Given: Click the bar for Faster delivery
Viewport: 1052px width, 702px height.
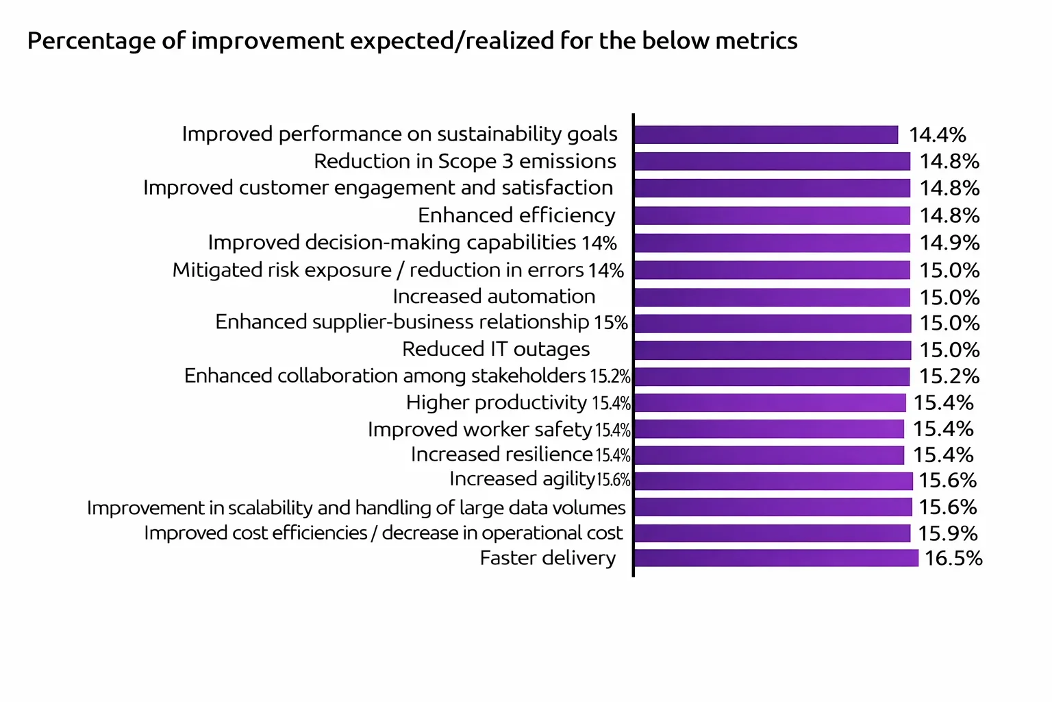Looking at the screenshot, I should pos(776,558).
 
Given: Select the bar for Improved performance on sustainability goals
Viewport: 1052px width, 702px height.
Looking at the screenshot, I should pos(766,135).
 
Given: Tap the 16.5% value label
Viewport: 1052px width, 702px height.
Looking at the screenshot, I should pos(953,558).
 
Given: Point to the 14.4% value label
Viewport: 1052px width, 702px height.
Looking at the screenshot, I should pos(937,135).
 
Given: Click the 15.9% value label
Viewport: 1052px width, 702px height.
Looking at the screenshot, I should pos(948,533).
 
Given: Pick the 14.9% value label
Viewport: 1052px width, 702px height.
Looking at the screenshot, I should pos(949,243).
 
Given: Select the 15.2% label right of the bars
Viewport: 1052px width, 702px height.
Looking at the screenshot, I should pos(949,376).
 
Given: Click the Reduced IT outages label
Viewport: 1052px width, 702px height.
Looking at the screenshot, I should pos(496,350).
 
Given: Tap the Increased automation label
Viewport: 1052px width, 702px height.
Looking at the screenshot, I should pos(494,297).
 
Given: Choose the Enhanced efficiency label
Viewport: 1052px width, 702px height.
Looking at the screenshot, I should pos(516,216).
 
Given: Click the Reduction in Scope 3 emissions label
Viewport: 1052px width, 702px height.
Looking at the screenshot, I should pos(465,162).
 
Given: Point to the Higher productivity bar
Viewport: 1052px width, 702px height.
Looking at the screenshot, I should pos(770,402).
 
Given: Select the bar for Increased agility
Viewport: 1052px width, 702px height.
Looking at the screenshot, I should pos(773,481).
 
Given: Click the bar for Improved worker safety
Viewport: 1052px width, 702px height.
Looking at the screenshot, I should pos(769,429).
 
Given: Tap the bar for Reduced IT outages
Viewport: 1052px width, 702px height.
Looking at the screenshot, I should pos(773,350).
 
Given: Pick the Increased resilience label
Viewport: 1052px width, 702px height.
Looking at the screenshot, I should pos(501,455).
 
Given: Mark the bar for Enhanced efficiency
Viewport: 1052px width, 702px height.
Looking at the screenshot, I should pos(772,216).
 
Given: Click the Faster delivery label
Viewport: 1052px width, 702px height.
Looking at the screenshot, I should pos(547,559).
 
